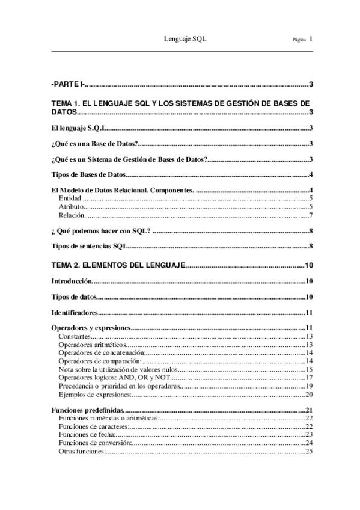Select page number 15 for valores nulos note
[x=308, y=369]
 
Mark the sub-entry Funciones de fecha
[x=87, y=434]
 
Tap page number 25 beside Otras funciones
[x=308, y=451]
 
